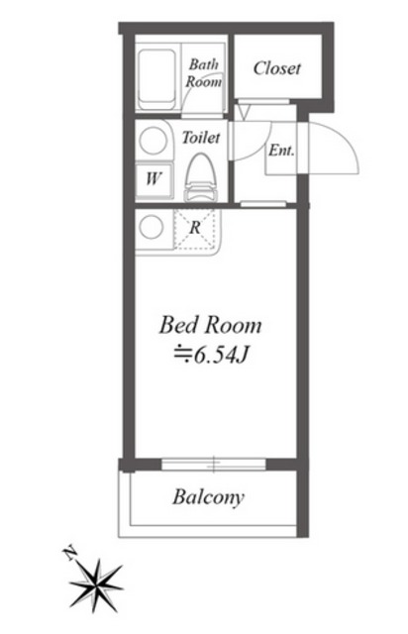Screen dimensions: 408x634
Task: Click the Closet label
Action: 277,68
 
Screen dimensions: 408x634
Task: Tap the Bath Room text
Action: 203,73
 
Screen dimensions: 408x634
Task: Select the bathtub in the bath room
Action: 157,79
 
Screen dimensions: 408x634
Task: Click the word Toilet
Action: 201,138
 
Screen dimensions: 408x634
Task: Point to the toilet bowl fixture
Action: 201,178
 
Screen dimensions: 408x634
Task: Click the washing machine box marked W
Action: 153,179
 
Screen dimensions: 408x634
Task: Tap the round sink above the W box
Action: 153,141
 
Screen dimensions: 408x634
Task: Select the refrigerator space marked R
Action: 195,229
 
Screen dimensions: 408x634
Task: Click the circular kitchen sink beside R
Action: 151,227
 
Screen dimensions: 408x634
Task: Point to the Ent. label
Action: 281,151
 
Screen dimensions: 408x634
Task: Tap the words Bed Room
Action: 210,326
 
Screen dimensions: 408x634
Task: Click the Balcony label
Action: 208,497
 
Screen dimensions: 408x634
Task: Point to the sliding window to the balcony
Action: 214,465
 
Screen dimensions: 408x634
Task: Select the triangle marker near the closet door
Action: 244,112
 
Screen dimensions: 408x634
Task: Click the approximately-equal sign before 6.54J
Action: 183,355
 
